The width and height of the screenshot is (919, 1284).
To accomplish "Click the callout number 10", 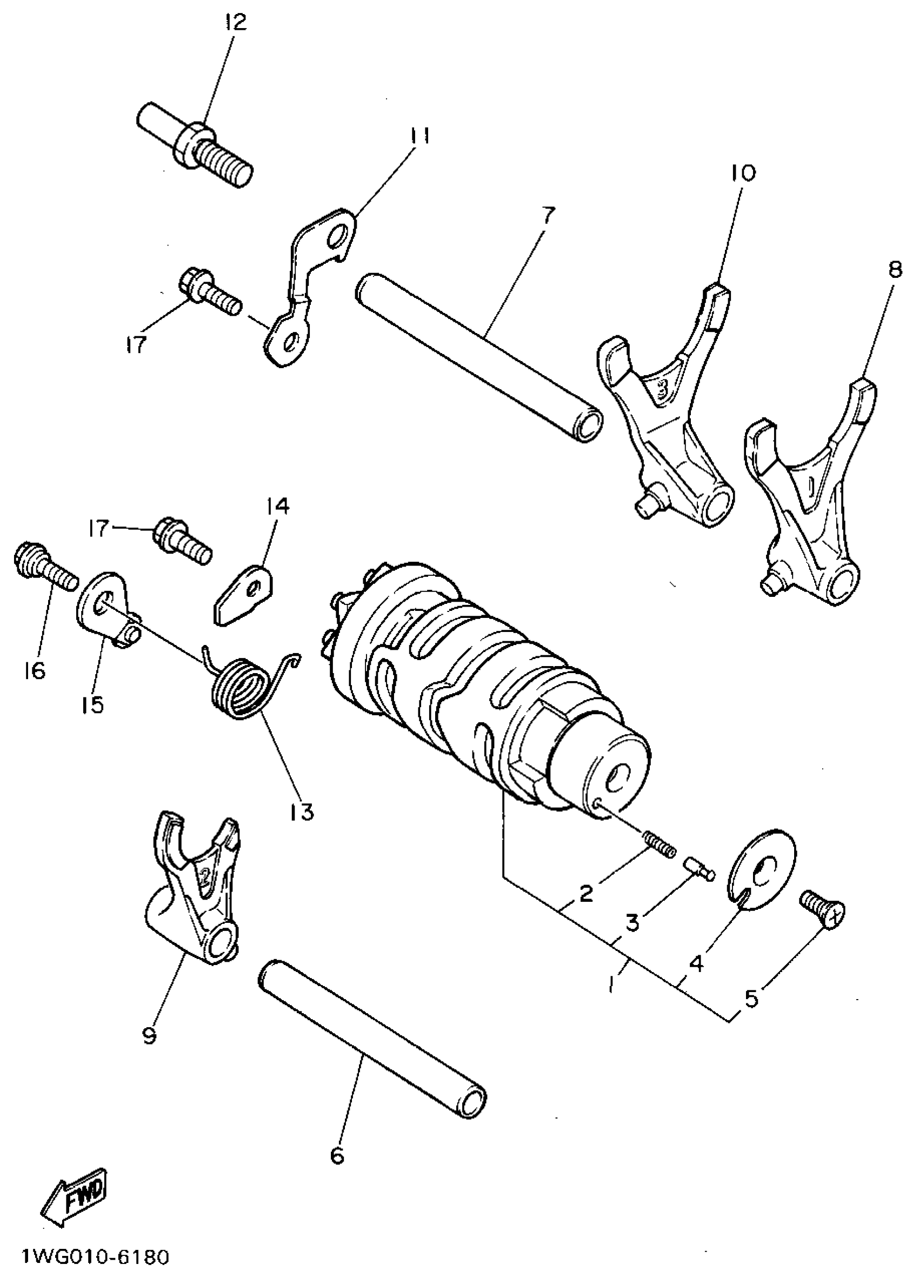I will tap(743, 172).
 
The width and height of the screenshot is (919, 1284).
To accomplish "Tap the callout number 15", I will tap(92, 705).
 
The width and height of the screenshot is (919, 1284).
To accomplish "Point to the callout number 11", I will tap(420, 136).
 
